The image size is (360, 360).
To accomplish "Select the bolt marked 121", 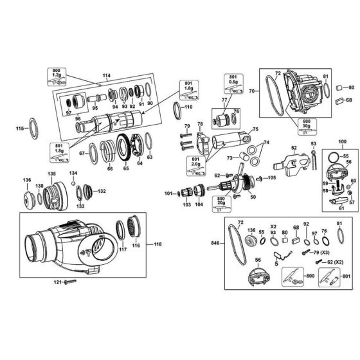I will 70,282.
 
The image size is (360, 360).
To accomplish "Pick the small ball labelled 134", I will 74,184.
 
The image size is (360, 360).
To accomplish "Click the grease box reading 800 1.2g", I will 57,73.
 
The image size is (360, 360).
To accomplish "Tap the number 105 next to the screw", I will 271,177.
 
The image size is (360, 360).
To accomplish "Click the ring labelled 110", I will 188,107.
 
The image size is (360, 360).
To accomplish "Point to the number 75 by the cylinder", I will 255,129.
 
